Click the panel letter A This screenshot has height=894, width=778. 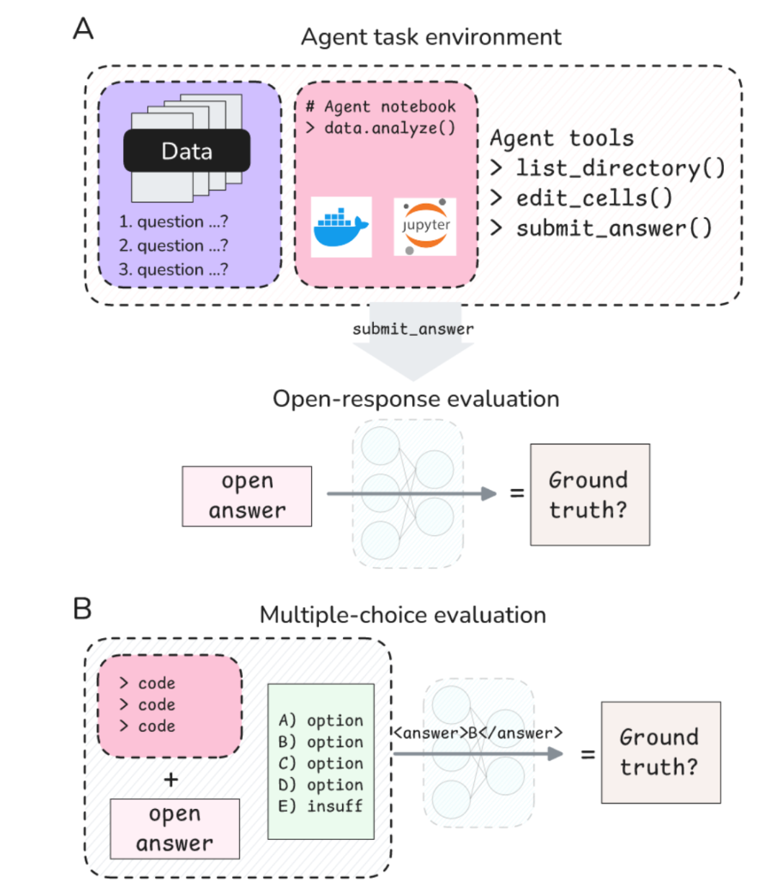[x=83, y=29]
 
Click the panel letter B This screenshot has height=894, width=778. [x=82, y=608]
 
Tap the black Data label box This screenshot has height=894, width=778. [x=187, y=151]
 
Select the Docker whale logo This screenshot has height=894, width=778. [x=341, y=227]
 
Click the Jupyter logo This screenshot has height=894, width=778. [x=424, y=226]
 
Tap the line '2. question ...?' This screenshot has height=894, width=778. [x=174, y=246]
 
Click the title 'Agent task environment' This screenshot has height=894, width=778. [x=432, y=37]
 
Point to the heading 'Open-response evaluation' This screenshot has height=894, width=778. [x=416, y=399]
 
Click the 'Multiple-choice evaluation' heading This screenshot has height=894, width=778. [x=403, y=615]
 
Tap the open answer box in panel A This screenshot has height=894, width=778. [x=247, y=496]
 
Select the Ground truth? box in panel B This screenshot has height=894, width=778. [x=661, y=752]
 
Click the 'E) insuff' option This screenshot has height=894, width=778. [x=321, y=805]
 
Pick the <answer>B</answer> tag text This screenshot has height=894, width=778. [x=478, y=733]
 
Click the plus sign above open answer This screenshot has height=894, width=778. [x=171, y=779]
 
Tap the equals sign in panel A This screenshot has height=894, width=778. [x=517, y=493]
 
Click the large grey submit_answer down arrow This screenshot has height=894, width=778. [x=413, y=341]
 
